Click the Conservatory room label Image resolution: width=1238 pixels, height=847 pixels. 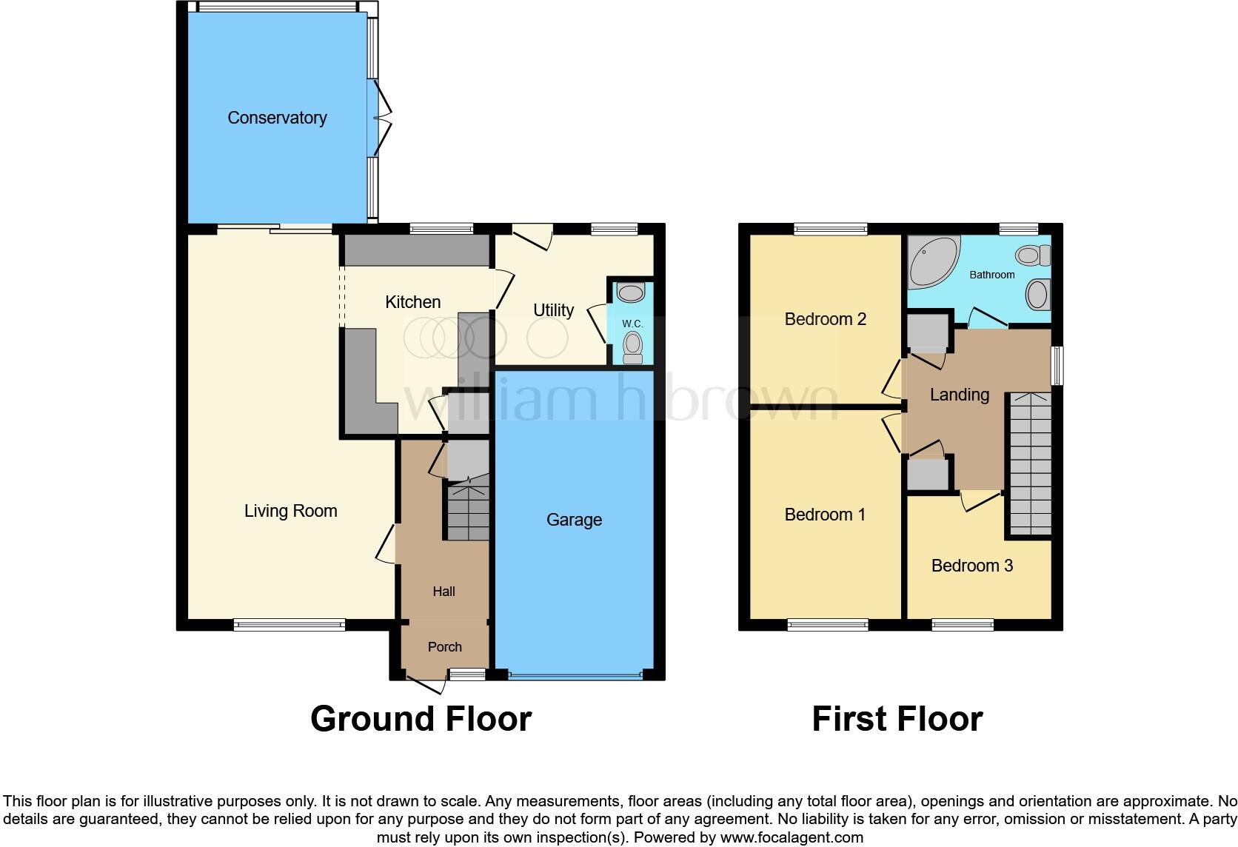[277, 118]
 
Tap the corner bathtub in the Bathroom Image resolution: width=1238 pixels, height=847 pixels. [931, 262]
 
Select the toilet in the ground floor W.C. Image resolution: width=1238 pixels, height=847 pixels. [632, 347]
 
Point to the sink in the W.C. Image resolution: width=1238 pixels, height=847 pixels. [631, 292]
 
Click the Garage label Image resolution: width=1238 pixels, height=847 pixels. [574, 520]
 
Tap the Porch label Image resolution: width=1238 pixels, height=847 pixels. [444, 647]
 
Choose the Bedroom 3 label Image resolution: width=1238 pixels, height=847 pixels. [971, 566]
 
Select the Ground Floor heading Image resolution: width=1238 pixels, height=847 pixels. [421, 719]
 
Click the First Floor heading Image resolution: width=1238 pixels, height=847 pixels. [897, 719]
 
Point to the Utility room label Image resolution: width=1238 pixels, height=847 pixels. [553, 310]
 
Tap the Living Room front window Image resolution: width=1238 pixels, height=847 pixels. [290, 625]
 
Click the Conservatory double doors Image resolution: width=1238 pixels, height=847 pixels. [381, 117]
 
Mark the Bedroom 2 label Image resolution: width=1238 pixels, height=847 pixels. [825, 319]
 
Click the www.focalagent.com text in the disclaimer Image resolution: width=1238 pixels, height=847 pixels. [792, 838]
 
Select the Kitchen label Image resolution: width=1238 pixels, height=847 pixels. [412, 302]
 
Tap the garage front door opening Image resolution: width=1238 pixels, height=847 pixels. [575, 675]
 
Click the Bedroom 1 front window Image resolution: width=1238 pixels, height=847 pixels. [828, 625]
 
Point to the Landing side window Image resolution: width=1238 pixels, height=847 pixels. [1058, 366]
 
